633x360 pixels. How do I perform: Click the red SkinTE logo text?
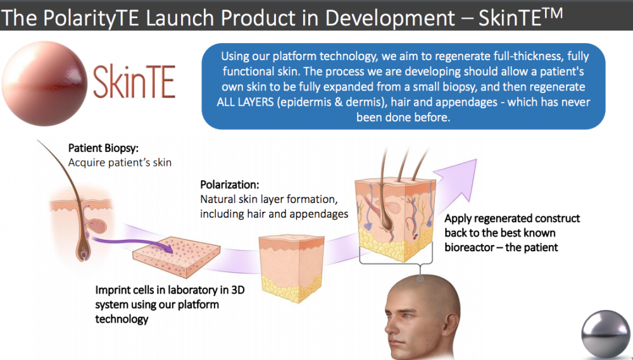[x=134, y=82]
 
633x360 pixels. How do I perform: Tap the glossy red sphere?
[x=44, y=84]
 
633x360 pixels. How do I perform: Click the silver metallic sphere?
[x=606, y=334]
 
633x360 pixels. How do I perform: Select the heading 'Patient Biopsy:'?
[x=103, y=148]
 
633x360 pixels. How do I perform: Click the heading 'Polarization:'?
[x=230, y=185]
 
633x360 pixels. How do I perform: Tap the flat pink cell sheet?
[x=177, y=257]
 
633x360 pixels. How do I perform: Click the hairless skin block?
[x=291, y=268]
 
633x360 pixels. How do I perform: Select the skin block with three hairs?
[x=396, y=214]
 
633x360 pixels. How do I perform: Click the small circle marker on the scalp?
[x=420, y=278]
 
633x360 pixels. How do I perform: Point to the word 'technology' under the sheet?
[x=122, y=320]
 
